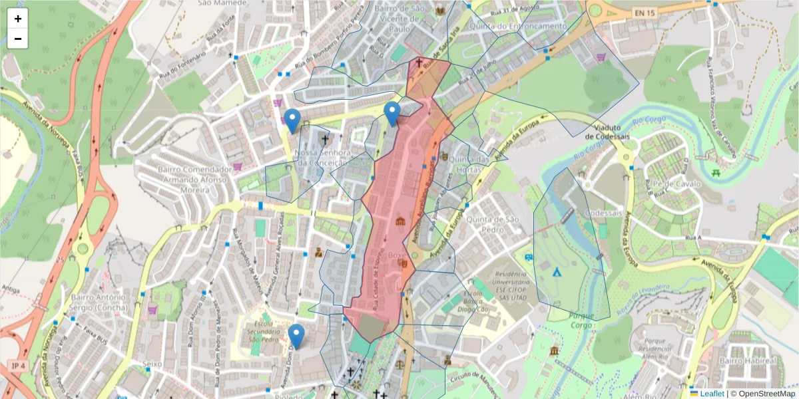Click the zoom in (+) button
click(x=18, y=19)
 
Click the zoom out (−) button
click(x=18, y=39)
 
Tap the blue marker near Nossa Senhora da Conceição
click(x=292, y=120)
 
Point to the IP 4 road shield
click(x=17, y=366)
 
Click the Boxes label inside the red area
click(x=397, y=254)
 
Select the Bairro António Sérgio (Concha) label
click(x=99, y=303)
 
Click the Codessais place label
click(x=603, y=213)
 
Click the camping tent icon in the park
click(x=557, y=272)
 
